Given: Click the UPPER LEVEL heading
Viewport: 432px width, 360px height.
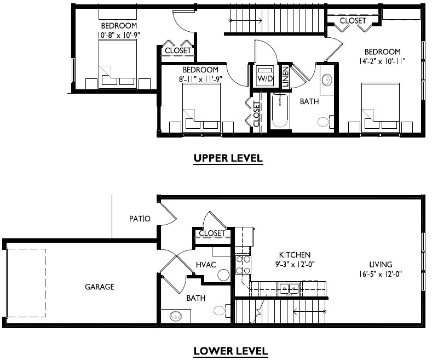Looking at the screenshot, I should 228,159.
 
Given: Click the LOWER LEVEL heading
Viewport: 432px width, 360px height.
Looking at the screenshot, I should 231,351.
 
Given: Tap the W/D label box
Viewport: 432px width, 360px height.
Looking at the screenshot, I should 265,79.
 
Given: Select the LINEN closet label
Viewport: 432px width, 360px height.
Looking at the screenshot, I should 285,77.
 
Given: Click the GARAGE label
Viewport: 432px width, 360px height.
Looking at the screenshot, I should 99,287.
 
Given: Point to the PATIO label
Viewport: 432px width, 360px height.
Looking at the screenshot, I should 140,219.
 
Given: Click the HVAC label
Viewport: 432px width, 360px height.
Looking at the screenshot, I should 206,265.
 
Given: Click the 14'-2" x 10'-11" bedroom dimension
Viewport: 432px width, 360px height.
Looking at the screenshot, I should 383,61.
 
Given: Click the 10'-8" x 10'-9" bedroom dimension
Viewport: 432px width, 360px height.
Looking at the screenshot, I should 119,35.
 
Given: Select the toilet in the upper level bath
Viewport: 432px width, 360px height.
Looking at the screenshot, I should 324,121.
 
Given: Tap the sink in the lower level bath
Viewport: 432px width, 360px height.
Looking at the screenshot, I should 177,316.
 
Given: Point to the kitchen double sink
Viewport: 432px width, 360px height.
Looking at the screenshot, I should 288,288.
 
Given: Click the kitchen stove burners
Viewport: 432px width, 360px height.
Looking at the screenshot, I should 243,265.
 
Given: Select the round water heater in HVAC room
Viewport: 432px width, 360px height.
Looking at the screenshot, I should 223,275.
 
